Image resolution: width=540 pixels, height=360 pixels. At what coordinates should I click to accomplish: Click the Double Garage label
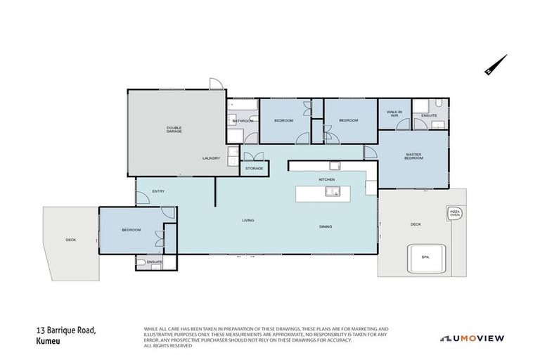(x=174, y=129)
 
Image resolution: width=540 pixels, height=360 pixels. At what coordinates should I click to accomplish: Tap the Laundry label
(x=211, y=158)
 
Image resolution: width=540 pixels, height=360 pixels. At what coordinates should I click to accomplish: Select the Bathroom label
(x=243, y=121)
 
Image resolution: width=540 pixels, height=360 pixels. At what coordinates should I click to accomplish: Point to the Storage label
(x=255, y=169)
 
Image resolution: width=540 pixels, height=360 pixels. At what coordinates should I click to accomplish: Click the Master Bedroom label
(x=413, y=156)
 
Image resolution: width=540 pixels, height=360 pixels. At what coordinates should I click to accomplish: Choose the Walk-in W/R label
(x=393, y=113)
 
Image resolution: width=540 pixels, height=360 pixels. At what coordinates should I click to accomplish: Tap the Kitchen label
(x=327, y=180)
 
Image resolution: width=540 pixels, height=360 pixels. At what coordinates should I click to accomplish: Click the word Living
(x=247, y=221)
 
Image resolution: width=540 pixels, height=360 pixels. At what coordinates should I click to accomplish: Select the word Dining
(x=325, y=226)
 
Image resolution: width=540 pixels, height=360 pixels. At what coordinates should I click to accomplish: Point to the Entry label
(x=157, y=191)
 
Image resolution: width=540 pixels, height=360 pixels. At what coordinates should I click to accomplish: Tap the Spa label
(x=425, y=257)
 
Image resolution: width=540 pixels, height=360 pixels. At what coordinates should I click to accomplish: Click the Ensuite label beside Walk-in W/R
(x=430, y=115)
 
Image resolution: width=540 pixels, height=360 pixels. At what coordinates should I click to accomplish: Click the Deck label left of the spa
(x=415, y=224)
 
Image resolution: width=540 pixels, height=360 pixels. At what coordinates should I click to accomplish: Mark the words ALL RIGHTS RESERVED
(x=167, y=345)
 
